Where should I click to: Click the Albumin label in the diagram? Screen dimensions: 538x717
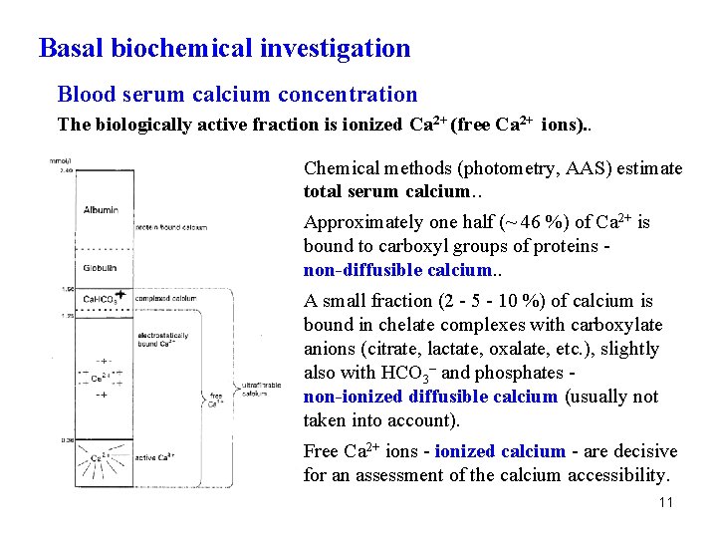coord(101,209)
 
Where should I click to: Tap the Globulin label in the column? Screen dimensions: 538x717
coord(101,267)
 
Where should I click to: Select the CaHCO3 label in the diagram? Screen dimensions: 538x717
coord(100,298)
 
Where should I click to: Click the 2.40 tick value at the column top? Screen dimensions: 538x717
coord(66,170)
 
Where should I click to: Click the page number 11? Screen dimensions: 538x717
coord(665,502)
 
